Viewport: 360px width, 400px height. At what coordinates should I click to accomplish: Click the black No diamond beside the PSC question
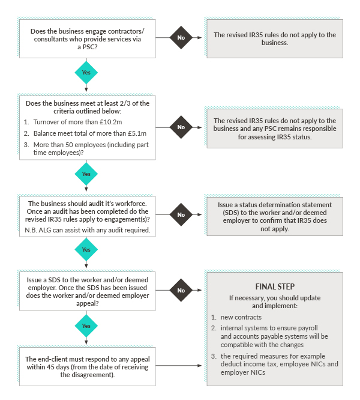point(181,37)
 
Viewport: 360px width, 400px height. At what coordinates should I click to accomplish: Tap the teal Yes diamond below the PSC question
point(86,73)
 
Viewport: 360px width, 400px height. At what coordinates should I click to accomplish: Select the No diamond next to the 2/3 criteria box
point(181,127)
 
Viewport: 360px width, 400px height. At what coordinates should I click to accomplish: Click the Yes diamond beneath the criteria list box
point(86,174)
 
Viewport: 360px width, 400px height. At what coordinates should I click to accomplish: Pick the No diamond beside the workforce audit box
point(181,214)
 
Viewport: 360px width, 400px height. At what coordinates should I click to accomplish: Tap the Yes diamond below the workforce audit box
point(86,249)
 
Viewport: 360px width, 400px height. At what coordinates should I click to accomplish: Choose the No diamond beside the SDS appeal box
point(181,290)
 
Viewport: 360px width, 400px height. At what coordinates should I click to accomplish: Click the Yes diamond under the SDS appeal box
point(86,326)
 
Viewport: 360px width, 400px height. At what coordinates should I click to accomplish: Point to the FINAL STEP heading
point(275,286)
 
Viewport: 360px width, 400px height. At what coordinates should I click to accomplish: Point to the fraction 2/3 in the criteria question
point(125,103)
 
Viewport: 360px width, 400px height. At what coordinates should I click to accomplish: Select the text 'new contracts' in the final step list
point(241,317)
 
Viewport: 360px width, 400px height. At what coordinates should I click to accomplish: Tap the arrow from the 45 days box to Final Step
point(179,366)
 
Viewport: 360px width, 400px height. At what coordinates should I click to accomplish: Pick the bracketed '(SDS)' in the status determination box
point(231,213)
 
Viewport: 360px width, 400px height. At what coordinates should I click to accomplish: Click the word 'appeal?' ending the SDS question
point(88,303)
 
